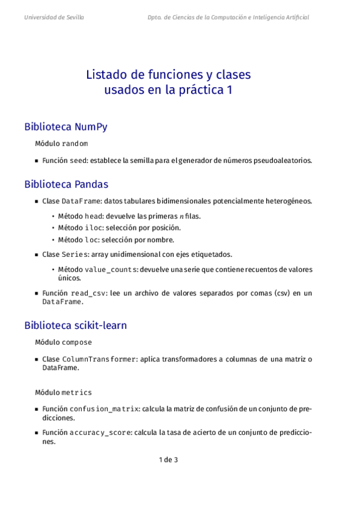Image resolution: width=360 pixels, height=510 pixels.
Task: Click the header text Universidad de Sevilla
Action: point(54,17)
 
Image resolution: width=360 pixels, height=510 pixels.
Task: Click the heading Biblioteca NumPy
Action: point(66,127)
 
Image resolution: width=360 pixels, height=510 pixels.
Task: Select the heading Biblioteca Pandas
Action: point(66,184)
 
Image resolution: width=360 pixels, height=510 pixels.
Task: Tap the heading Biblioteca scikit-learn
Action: point(75,325)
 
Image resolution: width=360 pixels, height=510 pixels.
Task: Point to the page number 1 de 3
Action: point(168,460)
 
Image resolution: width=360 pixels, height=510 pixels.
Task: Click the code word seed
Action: point(80,161)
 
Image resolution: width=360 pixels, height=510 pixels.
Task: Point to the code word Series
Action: point(76,254)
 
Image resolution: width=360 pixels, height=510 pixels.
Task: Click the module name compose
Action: point(77,342)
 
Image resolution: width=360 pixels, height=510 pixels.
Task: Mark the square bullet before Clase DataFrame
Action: point(37,201)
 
